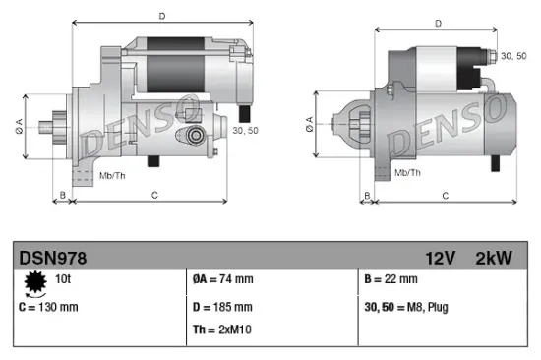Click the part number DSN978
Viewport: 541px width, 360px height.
(53, 258)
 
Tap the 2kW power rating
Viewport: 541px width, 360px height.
(494, 258)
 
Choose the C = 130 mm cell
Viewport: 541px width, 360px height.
(48, 306)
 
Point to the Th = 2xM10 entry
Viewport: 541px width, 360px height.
(223, 329)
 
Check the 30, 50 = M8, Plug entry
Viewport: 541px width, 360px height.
(406, 306)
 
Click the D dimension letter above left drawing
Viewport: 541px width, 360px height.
(161, 15)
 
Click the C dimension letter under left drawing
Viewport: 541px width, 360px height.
(154, 196)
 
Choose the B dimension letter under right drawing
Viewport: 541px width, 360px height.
(366, 196)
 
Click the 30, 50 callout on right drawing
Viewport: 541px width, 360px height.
(513, 58)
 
